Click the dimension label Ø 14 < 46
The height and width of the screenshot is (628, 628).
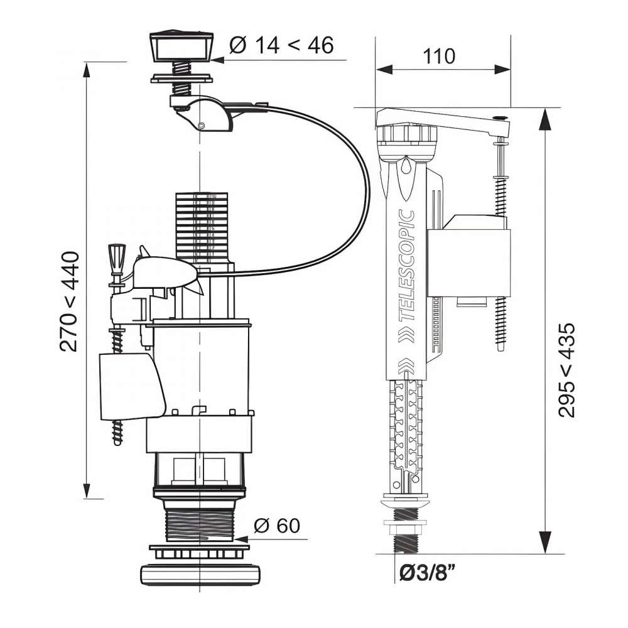point(281,45)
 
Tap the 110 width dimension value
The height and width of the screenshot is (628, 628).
point(439,57)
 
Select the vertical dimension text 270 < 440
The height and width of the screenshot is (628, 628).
point(72,301)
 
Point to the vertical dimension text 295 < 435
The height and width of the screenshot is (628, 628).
point(568,370)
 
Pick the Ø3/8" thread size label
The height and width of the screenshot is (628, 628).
point(427,573)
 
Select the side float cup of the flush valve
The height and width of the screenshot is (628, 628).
point(130,386)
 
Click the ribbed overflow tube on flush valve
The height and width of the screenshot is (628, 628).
point(201,225)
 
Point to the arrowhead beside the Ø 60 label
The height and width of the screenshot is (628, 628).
point(244,538)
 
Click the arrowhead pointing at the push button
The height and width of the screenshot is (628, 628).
point(215,60)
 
